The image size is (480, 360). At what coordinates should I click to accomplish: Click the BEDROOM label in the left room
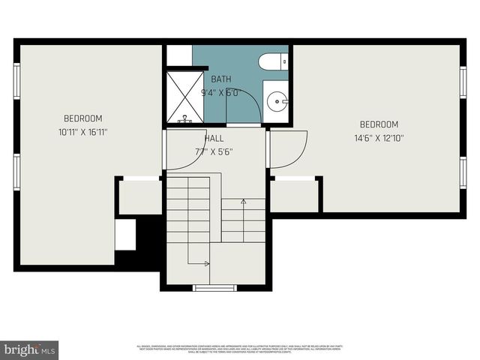82,118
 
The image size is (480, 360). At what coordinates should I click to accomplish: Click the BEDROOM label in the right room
379,124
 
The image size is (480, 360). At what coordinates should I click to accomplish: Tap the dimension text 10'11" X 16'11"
82,132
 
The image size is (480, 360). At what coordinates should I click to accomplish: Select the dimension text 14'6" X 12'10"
379,138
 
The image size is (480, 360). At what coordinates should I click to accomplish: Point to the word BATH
220,79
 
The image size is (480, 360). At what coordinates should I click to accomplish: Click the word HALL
214,138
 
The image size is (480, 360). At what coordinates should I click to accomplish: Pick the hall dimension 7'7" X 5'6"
214,151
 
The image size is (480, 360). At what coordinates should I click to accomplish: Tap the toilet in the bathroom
271,61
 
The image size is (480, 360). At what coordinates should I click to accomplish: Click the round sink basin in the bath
277,99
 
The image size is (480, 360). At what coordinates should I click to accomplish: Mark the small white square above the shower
178,55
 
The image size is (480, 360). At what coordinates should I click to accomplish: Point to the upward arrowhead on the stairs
243,201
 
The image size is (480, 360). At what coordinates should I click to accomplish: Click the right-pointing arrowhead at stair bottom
206,263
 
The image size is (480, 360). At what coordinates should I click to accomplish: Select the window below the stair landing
215,288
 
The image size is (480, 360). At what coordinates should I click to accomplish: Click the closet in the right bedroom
295,196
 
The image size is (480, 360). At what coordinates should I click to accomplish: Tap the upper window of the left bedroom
16,81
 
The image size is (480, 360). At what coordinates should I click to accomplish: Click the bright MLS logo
28,349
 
